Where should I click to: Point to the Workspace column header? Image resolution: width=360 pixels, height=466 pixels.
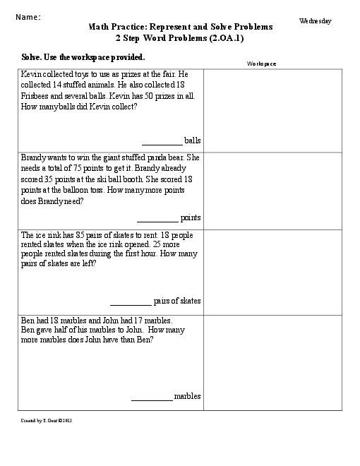(261, 64)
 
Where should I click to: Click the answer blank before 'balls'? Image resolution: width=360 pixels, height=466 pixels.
(162, 140)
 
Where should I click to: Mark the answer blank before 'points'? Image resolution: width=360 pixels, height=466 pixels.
(157, 217)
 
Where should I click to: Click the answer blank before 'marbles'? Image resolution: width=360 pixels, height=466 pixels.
(151, 397)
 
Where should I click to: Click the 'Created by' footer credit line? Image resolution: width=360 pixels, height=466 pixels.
(47, 420)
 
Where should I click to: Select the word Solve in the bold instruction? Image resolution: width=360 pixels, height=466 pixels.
(32, 56)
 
